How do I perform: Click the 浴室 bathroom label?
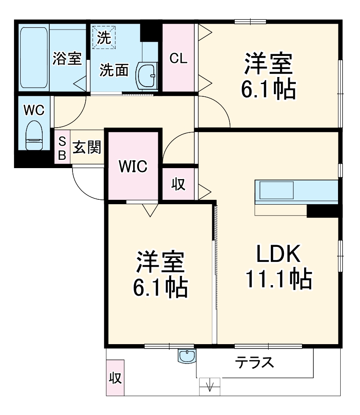tap(67, 59)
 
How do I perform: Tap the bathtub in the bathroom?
tap(33, 58)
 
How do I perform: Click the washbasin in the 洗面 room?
tap(146, 76)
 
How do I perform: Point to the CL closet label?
tap(178, 59)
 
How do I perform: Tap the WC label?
tap(34, 110)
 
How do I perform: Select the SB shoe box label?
tap(62, 148)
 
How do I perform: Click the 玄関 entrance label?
tap(87, 147)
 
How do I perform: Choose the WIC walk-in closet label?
tap(133, 166)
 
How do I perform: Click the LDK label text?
tap(278, 254)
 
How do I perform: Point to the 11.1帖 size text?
tap(278, 279)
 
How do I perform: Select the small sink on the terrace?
tap(187, 356)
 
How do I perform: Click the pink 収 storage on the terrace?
tap(115, 378)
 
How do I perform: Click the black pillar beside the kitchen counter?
tap(323, 211)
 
